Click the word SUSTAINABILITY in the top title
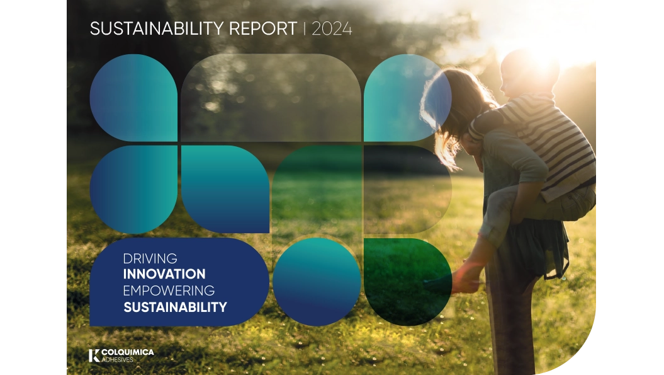coord(157,28)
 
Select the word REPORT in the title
coord(263,28)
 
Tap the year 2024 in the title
coord(332,29)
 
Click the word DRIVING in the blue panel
coord(150,258)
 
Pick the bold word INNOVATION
coord(164,274)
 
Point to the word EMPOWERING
coord(169,291)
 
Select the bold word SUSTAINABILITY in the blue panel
coord(175,307)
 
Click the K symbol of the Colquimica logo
coord(94,355)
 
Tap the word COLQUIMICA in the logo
coord(128,352)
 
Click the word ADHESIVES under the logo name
coord(117,360)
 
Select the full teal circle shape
coord(317,282)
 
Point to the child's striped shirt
coord(546,140)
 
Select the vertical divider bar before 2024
coord(305,28)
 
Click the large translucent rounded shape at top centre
coord(271,98)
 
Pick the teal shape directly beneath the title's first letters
coord(133,98)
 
